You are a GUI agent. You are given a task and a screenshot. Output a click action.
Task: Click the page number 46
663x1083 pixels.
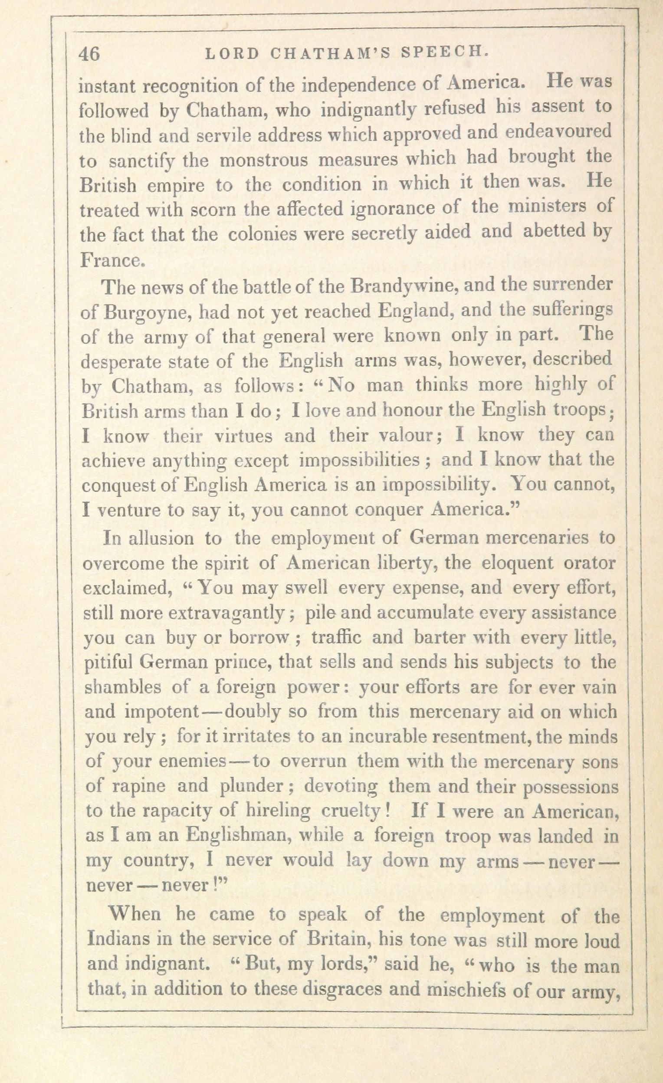pos(89,54)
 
